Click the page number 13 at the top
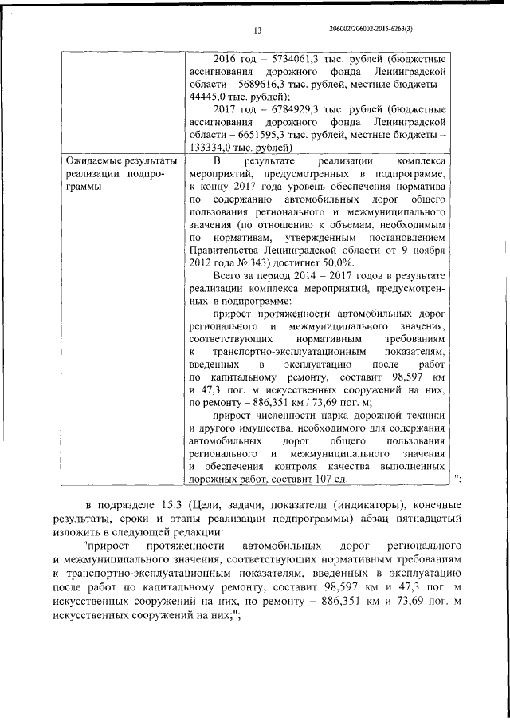[x=257, y=31]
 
